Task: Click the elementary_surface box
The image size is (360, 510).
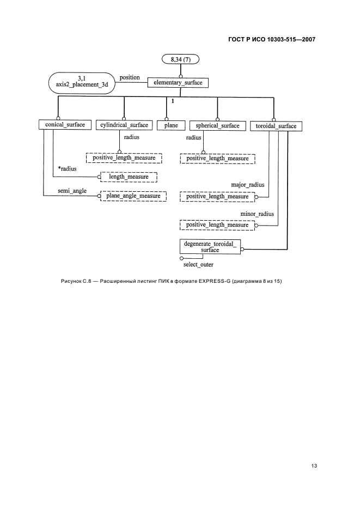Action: click(x=179, y=83)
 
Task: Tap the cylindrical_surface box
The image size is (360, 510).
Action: click(x=124, y=125)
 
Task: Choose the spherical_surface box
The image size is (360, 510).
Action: click(x=217, y=125)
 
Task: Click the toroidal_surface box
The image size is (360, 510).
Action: click(x=276, y=126)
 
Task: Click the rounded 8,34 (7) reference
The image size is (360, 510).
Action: click(x=181, y=59)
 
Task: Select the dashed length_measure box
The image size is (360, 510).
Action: click(x=128, y=177)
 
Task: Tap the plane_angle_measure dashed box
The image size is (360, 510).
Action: click(x=132, y=195)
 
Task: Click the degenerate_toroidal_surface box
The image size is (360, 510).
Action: click(x=210, y=247)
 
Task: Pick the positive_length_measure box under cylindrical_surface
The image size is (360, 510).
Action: click(x=124, y=157)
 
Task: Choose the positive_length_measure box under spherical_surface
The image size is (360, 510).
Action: click(x=217, y=158)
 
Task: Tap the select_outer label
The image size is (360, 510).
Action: click(x=198, y=265)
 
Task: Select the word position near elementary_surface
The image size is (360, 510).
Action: click(x=130, y=77)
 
